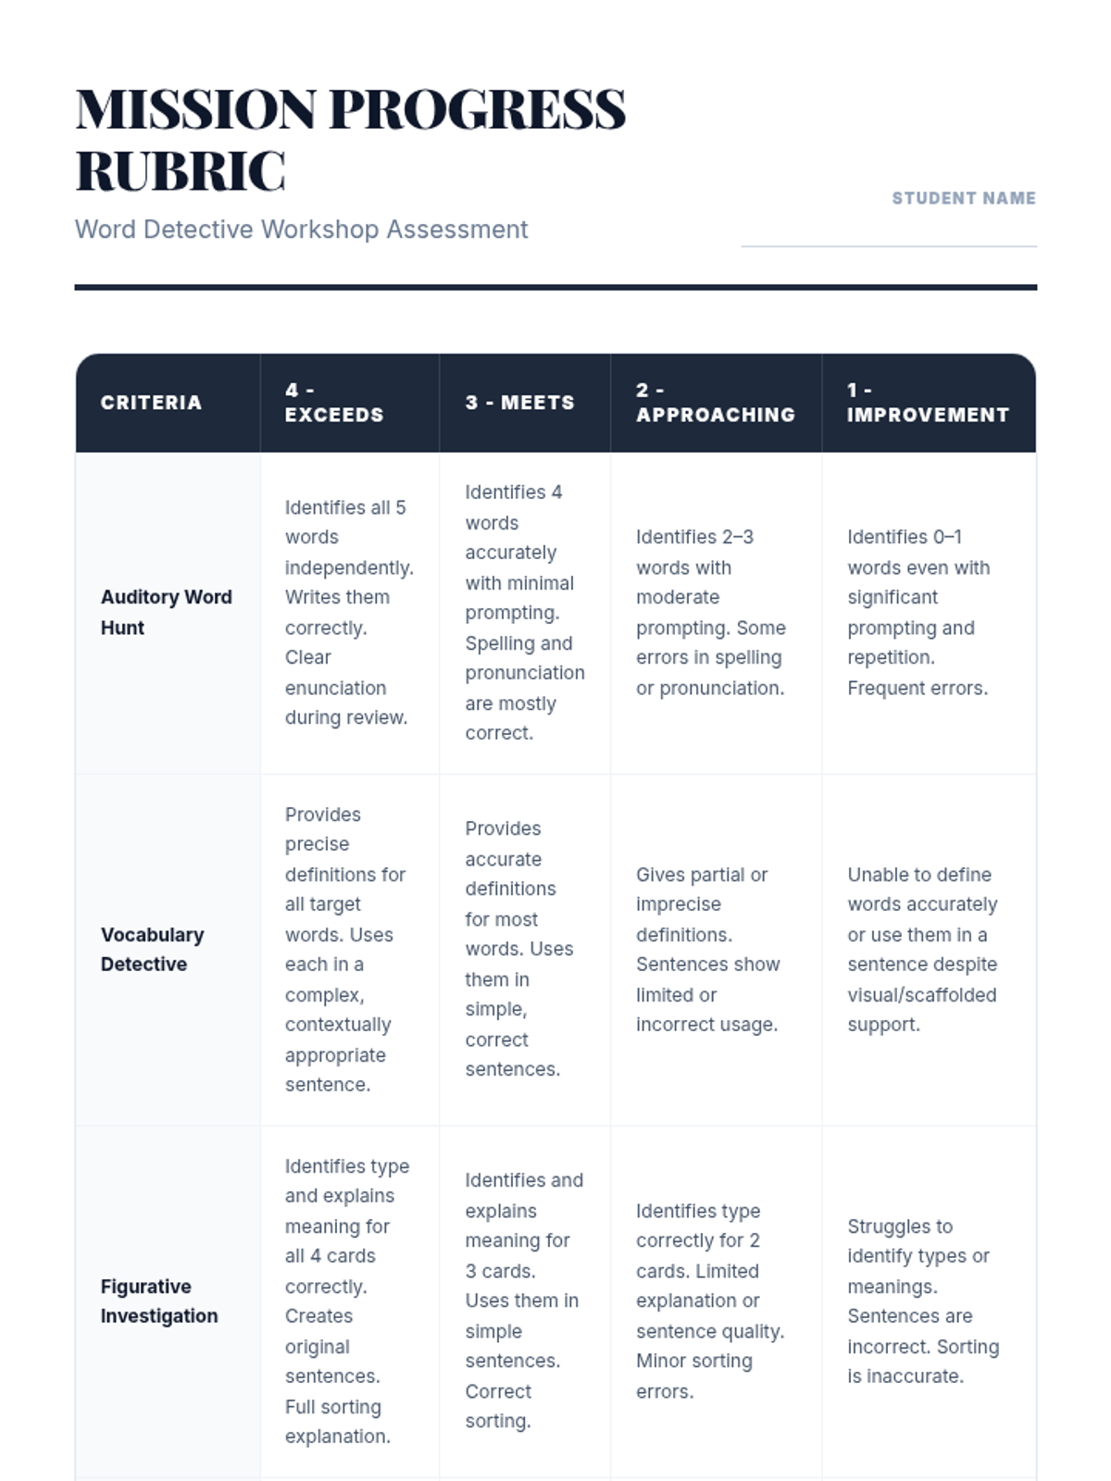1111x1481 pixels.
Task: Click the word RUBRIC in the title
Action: (181, 171)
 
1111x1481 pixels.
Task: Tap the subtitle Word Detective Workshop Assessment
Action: (301, 230)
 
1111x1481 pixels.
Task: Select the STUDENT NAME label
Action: (963, 198)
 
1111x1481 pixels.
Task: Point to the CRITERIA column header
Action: (151, 403)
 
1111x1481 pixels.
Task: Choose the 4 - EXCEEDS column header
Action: (333, 403)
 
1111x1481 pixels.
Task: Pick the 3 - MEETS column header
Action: (519, 403)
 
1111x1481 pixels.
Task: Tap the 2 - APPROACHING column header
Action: (715, 403)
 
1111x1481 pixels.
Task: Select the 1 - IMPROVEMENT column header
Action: (928, 403)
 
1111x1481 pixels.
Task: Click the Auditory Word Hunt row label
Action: (166, 612)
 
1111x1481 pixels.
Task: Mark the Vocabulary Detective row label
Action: (152, 949)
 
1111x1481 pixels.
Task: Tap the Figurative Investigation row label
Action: (159, 1301)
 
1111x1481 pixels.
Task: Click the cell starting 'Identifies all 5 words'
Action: (348, 612)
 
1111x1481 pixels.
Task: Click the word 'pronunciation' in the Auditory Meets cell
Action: (525, 673)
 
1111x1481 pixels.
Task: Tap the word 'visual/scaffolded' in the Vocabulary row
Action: (922, 995)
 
